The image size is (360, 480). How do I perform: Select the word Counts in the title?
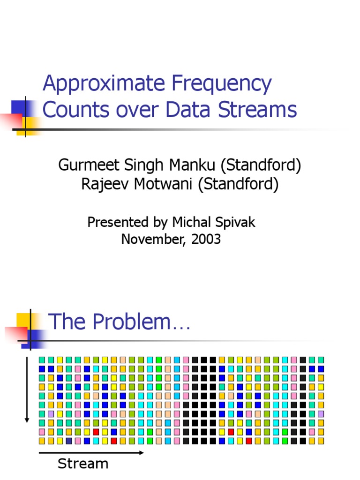[x=71, y=110]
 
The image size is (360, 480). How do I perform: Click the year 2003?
[x=205, y=239]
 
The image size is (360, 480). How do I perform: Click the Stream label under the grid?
[x=83, y=464]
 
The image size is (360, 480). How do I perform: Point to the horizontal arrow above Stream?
[x=91, y=453]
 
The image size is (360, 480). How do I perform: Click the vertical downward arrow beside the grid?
[x=27, y=389]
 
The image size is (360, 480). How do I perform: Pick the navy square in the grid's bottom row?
[x=69, y=441]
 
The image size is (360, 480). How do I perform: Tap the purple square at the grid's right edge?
[x=321, y=414]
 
